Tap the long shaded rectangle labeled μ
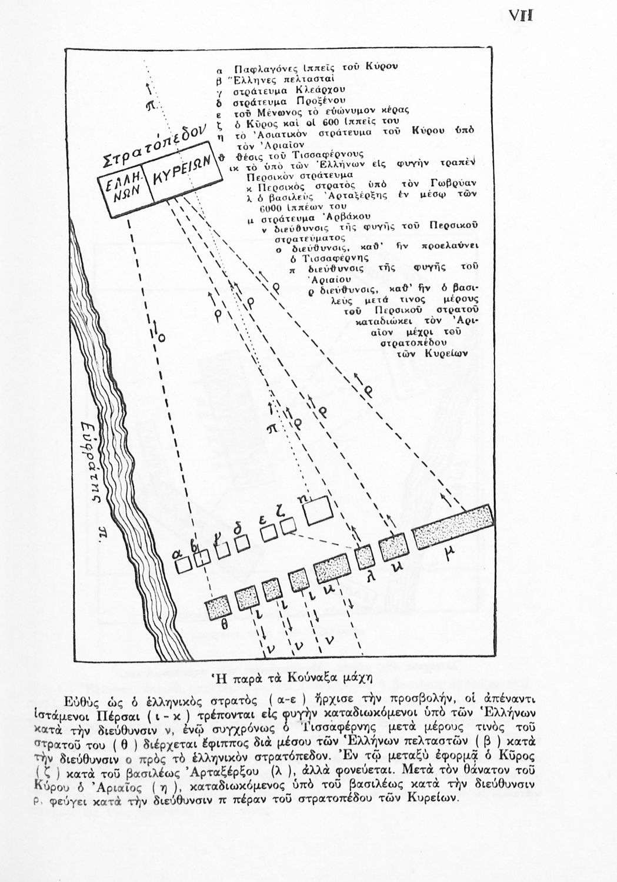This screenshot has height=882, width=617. tap(453, 526)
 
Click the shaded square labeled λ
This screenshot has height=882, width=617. tap(364, 555)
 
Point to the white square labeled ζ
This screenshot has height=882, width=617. tap(288, 527)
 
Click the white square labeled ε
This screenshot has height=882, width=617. tap(269, 533)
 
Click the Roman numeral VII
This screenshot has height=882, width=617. tap(521, 16)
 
